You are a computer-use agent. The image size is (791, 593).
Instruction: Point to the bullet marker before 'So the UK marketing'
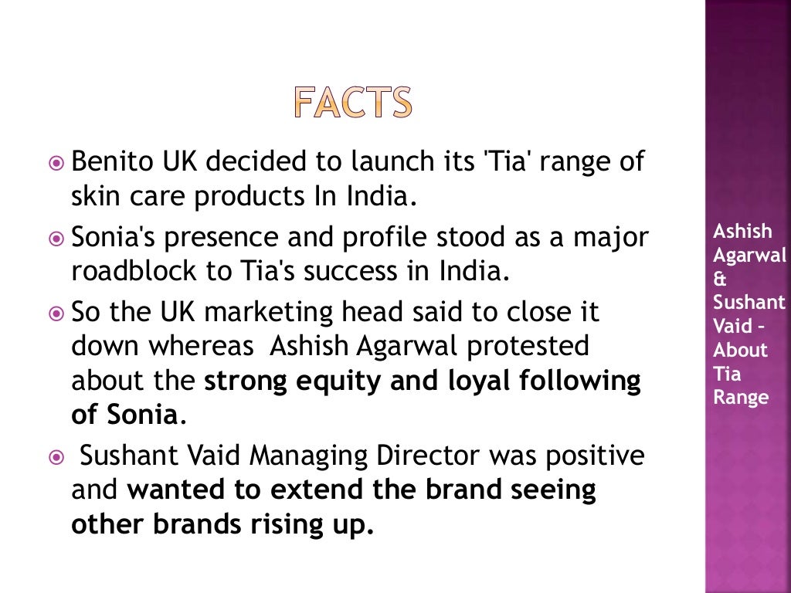pos(56,313)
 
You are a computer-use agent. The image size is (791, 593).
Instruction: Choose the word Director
pos(434,456)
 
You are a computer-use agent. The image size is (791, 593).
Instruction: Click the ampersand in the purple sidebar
pos(720,280)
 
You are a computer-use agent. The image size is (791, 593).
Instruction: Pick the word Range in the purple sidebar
pos(741,398)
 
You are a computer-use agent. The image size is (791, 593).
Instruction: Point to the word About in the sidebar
pos(740,350)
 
